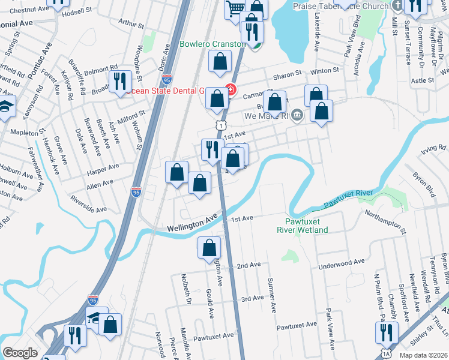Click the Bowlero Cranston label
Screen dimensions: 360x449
[214, 44]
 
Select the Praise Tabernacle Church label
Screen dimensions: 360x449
[340, 6]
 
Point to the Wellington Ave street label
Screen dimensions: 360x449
[191, 223]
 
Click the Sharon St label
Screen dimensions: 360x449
[286, 74]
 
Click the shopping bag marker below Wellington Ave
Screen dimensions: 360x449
[209, 247]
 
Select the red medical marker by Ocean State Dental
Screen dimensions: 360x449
[231, 92]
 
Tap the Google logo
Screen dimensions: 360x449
[20, 353]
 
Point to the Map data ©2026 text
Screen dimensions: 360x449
[423, 355]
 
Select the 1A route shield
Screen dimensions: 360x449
[385, 355]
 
